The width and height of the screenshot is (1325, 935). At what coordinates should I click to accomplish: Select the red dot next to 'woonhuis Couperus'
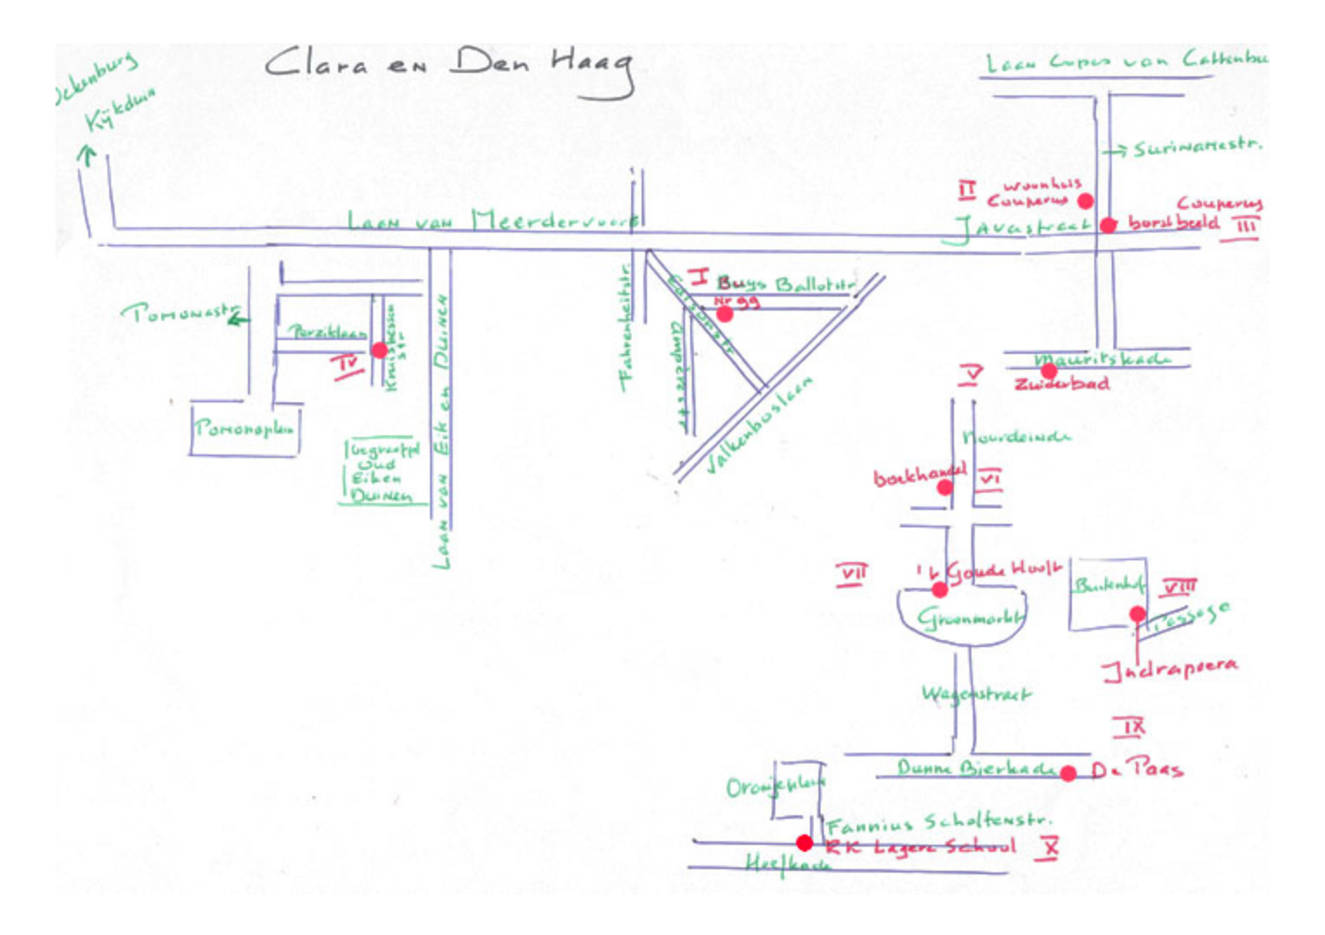pyautogui.click(x=1085, y=201)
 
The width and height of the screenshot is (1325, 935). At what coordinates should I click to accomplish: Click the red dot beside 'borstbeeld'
pyautogui.click(x=1107, y=226)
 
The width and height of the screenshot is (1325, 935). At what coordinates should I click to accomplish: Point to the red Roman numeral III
pyautogui.click(x=1245, y=227)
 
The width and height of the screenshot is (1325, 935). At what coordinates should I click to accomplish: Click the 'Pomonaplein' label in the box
pyautogui.click(x=244, y=428)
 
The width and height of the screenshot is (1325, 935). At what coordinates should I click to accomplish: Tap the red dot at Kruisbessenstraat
pyautogui.click(x=379, y=350)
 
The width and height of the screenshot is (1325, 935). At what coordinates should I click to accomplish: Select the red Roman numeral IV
pyautogui.click(x=348, y=364)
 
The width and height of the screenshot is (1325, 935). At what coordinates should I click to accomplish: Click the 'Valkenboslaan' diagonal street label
pyautogui.click(x=759, y=425)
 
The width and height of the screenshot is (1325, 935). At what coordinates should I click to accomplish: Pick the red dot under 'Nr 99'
pyautogui.click(x=724, y=314)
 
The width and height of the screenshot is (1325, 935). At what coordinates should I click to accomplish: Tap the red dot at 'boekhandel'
pyautogui.click(x=944, y=487)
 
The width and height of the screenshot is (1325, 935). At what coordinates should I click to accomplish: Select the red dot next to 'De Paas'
pyautogui.click(x=1068, y=773)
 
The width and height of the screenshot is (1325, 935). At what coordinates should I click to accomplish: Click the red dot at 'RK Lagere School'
pyautogui.click(x=804, y=843)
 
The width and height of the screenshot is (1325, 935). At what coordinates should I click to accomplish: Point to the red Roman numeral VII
pyautogui.click(x=852, y=574)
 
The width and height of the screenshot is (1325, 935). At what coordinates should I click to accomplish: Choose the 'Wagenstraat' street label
pyautogui.click(x=976, y=694)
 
